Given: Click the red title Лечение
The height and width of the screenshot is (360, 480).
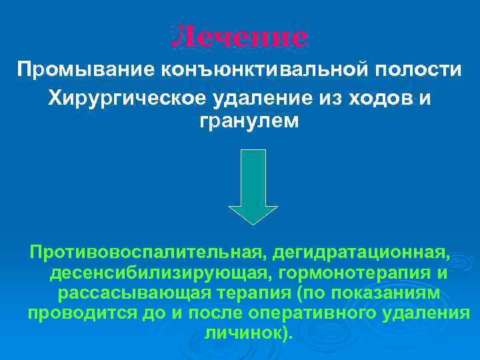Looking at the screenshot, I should [x=240, y=37].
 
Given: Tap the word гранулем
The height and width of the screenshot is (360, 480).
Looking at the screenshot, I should [x=240, y=122].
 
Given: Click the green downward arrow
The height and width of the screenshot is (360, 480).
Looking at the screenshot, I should [x=253, y=186].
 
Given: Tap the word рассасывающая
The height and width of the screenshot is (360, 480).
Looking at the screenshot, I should [x=133, y=294].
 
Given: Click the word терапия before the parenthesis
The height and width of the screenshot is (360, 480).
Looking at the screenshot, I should [x=252, y=294].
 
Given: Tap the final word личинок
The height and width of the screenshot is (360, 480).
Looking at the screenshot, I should [x=247, y=334].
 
